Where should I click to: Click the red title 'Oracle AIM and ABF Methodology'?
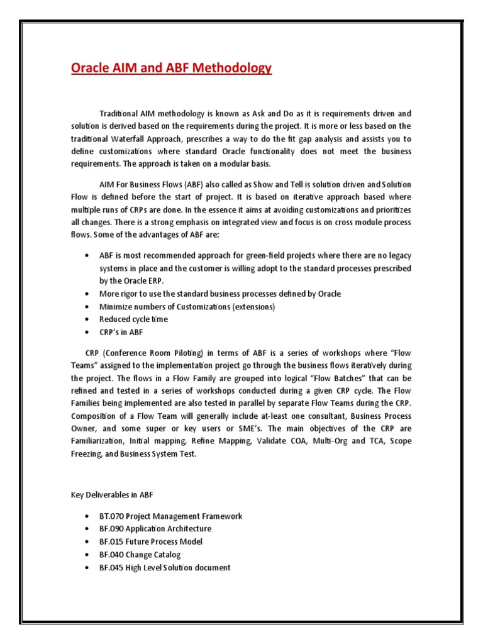pos(170,68)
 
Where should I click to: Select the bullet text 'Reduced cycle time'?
pos(133,319)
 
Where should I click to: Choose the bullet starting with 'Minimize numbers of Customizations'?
pos(187,306)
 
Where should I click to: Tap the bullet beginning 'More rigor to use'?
pos(220,294)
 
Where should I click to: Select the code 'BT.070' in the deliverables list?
pos(111,516)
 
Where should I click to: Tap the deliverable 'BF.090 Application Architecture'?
pos(155,528)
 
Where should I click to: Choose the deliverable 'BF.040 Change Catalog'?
pos(140,554)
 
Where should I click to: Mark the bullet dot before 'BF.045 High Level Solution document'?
pos(86,567)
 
